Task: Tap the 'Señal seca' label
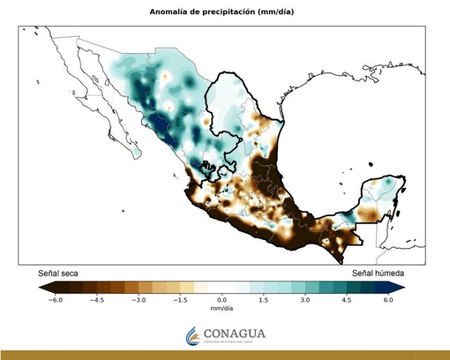58,273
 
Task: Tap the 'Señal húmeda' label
378,273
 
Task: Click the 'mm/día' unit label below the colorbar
222,309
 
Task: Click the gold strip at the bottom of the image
225,355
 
